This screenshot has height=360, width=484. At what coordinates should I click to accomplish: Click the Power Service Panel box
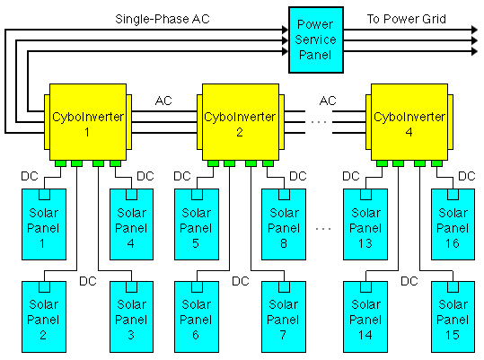coord(316,40)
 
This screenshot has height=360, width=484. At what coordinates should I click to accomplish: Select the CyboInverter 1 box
coord(88,122)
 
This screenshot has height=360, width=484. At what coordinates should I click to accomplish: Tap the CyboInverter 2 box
coord(241,122)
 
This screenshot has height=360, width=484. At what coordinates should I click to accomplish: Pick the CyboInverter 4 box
coord(409,122)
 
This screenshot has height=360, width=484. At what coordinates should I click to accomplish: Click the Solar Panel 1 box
coord(44,224)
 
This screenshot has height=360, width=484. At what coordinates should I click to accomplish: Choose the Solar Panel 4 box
coord(131,224)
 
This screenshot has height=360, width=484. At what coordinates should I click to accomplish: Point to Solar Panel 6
coord(197,317)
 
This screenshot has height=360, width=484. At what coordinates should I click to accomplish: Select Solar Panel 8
coord(284,224)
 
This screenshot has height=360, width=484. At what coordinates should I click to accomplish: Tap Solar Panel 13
coord(365,224)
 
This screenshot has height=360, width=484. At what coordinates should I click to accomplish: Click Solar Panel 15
coord(453,317)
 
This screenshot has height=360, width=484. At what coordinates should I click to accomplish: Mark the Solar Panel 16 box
coord(453,224)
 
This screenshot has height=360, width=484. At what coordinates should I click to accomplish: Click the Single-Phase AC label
coord(163,19)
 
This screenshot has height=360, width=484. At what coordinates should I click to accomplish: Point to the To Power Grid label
coord(406,19)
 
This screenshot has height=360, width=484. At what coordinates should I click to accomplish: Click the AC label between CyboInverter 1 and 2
coord(163,101)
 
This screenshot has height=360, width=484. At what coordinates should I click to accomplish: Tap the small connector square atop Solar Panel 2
coord(45,287)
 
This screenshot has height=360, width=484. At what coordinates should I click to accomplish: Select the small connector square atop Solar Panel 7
coord(284,287)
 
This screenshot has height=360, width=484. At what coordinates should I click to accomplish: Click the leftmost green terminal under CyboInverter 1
coord(60,163)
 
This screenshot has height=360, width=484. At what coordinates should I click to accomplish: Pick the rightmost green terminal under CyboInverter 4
coord(436,163)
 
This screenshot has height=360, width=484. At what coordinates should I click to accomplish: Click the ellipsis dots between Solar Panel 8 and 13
coord(323,229)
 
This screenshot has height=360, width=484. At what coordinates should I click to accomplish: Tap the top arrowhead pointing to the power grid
coord(474,30)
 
